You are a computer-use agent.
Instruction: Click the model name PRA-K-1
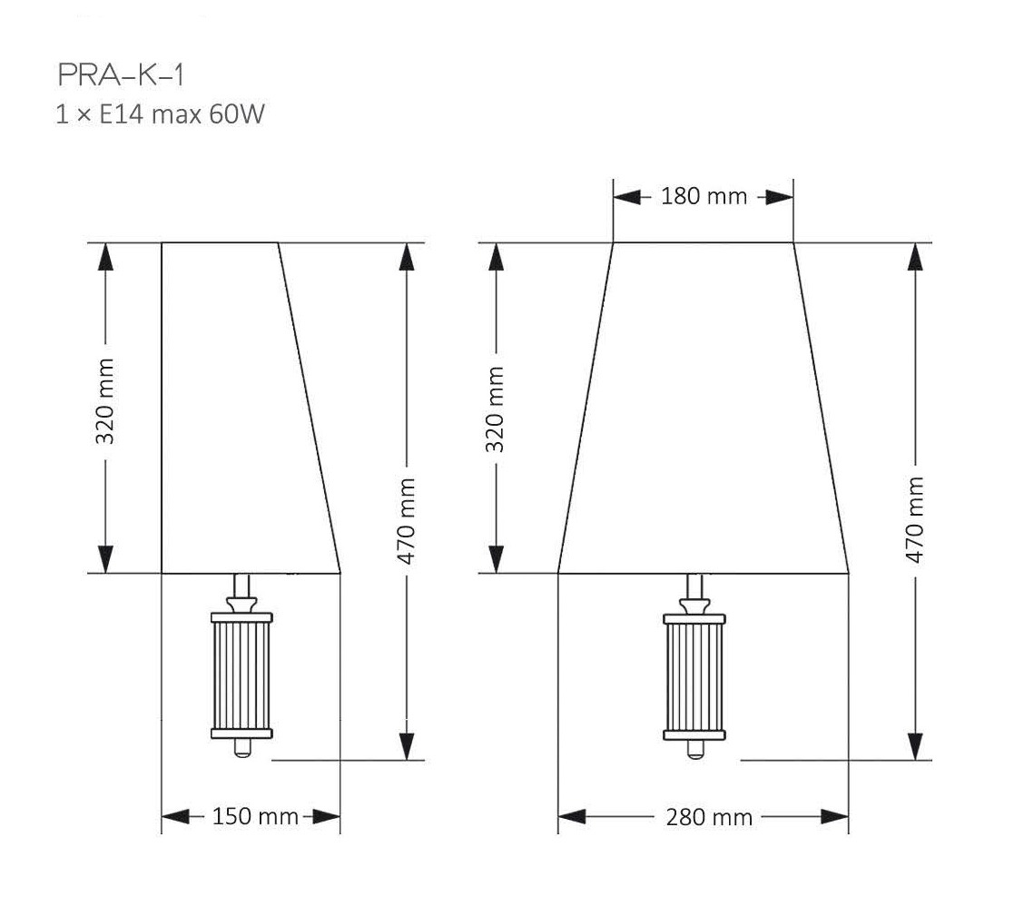click(121, 75)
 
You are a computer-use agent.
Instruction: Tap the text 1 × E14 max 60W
click(160, 114)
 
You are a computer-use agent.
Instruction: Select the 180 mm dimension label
click(704, 196)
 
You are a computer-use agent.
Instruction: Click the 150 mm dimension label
click(255, 816)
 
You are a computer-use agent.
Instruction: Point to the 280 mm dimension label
click(709, 816)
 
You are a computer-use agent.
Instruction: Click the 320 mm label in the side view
click(104, 401)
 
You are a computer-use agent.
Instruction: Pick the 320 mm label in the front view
click(495, 409)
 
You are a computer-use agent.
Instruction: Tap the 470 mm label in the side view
click(406, 520)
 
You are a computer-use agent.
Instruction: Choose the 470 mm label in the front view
click(915, 519)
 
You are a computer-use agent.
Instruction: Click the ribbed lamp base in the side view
click(241, 675)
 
